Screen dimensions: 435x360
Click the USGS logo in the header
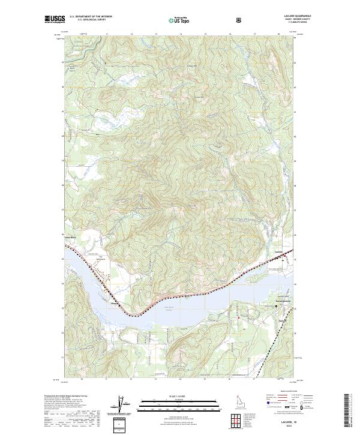click(55, 19)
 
